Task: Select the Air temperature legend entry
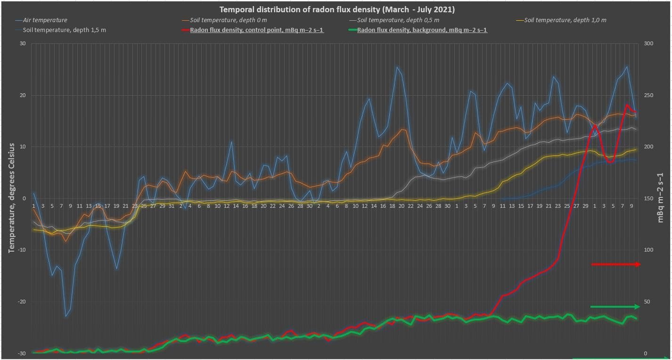pos(47,20)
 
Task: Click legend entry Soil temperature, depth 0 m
pos(229,20)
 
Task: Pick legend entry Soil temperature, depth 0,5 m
pos(398,20)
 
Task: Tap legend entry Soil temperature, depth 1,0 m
pos(565,20)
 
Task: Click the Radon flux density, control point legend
pos(256,30)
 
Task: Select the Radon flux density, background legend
pos(422,30)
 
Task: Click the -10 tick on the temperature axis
pos(20,250)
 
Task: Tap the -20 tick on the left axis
pos(20,302)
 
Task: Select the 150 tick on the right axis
pos(649,199)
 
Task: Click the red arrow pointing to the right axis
pos(615,264)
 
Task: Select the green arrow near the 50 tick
pos(615,307)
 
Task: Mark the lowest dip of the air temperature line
pos(66,316)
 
